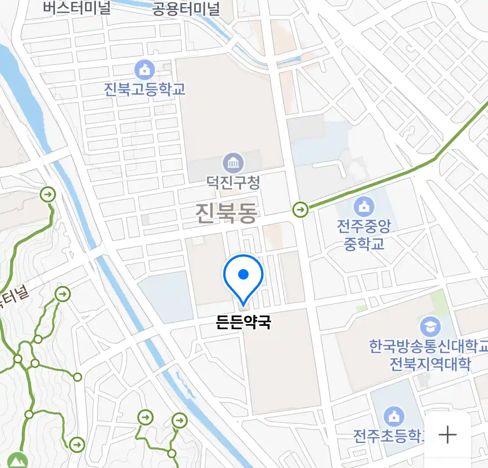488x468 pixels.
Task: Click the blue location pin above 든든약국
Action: click(x=243, y=275)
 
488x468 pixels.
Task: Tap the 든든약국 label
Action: click(x=243, y=322)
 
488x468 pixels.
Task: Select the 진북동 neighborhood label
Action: click(x=226, y=213)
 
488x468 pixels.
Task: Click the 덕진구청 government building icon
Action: click(x=233, y=163)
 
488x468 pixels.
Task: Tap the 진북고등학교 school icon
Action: click(x=144, y=70)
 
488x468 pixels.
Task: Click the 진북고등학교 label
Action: click(x=144, y=89)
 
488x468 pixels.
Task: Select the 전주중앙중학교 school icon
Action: click(x=364, y=207)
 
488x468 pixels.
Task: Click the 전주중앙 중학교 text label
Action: click(x=364, y=234)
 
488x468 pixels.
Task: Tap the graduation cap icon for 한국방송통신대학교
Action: click(x=430, y=327)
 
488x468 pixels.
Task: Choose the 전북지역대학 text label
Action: click(x=429, y=364)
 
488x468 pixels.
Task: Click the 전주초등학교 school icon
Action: click(x=393, y=416)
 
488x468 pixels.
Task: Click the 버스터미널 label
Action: click(x=77, y=8)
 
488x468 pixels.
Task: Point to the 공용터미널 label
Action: click(x=186, y=9)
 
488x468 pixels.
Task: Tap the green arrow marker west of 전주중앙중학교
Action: click(x=300, y=210)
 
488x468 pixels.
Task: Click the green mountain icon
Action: click(x=17, y=460)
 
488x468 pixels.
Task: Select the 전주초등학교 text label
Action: click(x=388, y=435)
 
